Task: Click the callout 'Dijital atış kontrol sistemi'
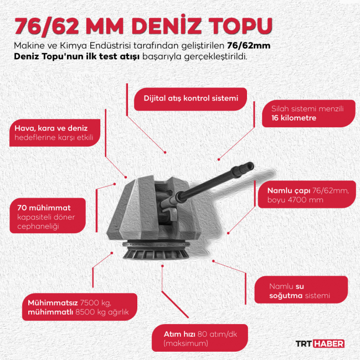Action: tap(191, 99)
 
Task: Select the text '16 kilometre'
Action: tap(294, 118)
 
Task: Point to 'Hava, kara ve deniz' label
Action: tap(51, 128)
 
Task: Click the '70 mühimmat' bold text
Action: tap(44, 208)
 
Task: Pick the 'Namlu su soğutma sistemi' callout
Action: tap(301, 290)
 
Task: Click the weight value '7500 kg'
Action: tap(95, 303)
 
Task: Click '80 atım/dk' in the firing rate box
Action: tap(217, 334)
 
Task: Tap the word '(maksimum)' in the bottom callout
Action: tap(186, 343)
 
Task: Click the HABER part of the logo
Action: tap(328, 344)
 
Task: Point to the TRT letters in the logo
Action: tap(304, 344)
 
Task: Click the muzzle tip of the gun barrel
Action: tap(251, 166)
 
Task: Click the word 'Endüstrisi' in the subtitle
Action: tap(110, 45)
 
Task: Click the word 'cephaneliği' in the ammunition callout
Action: tap(38, 227)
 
